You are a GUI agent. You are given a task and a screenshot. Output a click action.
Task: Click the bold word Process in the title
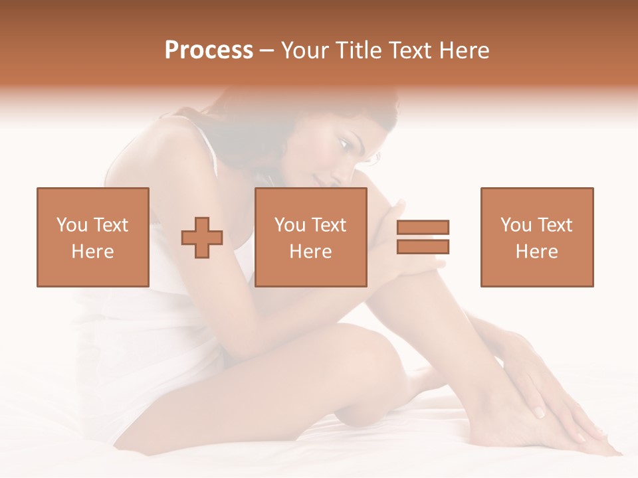(209, 50)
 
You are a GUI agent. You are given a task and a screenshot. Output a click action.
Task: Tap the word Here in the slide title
(464, 50)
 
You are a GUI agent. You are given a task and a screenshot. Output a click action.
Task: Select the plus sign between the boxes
(202, 238)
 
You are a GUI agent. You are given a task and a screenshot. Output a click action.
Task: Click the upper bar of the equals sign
(423, 227)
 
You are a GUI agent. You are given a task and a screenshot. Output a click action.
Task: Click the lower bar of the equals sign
(423, 246)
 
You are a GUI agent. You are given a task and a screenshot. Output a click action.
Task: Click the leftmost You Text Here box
(92, 237)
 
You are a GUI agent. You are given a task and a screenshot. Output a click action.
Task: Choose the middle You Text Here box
(310, 237)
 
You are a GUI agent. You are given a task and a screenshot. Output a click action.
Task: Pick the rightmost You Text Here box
(536, 237)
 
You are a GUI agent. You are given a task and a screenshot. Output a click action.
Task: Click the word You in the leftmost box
(71, 225)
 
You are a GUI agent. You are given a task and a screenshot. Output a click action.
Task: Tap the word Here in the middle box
(310, 252)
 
